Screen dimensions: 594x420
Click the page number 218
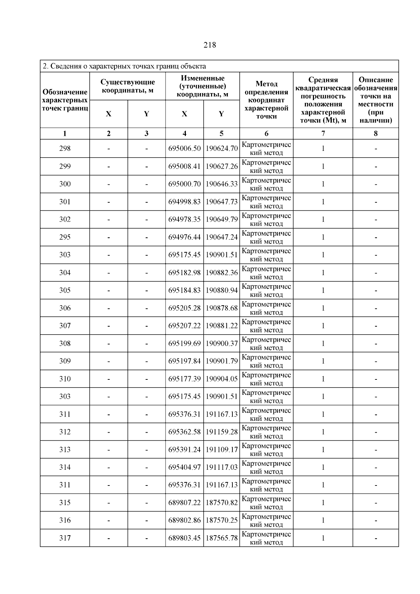pyautogui.click(x=210, y=45)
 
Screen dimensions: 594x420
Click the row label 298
pyautogui.click(x=65, y=148)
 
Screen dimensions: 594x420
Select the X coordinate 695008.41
pyautogui.click(x=184, y=166)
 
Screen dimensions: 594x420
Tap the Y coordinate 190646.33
pyautogui.click(x=222, y=184)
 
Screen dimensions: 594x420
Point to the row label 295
pyautogui.click(x=65, y=237)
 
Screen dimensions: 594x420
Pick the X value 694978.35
pyautogui.click(x=184, y=219)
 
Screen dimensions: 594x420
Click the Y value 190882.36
pyautogui.click(x=222, y=273)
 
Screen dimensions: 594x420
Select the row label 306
pyautogui.click(x=65, y=308)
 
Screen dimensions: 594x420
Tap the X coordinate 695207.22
pyautogui.click(x=184, y=326)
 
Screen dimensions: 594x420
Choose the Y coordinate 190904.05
pyautogui.click(x=222, y=379)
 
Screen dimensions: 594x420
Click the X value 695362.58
pyautogui.click(x=184, y=432)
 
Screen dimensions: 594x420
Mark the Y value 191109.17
pyautogui.click(x=222, y=449)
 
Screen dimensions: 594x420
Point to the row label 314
pyautogui.click(x=65, y=467)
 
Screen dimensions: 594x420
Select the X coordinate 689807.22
pyautogui.click(x=184, y=503)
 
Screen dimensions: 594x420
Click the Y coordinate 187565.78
pyautogui.click(x=222, y=538)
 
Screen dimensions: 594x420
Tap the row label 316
pyautogui.click(x=65, y=520)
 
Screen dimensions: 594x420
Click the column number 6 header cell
pyautogui.click(x=266, y=133)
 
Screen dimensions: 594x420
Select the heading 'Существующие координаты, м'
pyautogui.click(x=127, y=86)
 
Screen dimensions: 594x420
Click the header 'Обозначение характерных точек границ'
pyautogui.click(x=65, y=100)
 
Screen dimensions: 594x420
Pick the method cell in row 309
pyautogui.click(x=266, y=361)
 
